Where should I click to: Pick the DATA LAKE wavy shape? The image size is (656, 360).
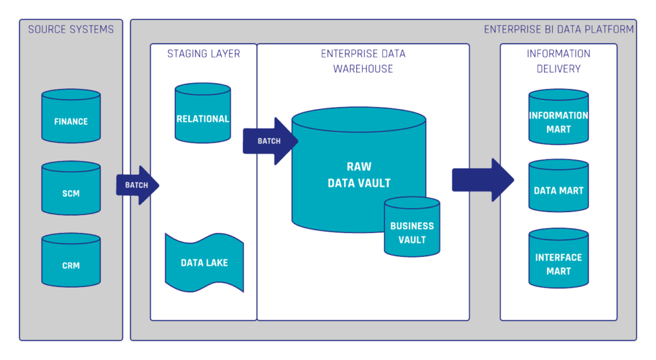pos(204,263)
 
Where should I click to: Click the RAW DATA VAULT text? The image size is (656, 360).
pos(359,175)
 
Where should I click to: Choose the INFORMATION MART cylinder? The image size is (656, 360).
pos(558,119)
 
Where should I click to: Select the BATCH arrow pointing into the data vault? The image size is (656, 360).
pos(270,141)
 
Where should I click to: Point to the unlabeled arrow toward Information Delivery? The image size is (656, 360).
pos(482,180)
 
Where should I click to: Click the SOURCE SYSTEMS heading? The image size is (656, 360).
pos(70,29)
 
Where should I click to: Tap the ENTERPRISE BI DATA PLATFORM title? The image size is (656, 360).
pos(559,29)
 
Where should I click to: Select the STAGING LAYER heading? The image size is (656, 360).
pos(204,54)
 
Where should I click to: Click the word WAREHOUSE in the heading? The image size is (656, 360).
pos(363,69)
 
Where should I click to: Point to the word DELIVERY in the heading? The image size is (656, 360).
pos(558,69)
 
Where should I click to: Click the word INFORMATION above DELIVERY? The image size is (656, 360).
pos(558,54)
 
